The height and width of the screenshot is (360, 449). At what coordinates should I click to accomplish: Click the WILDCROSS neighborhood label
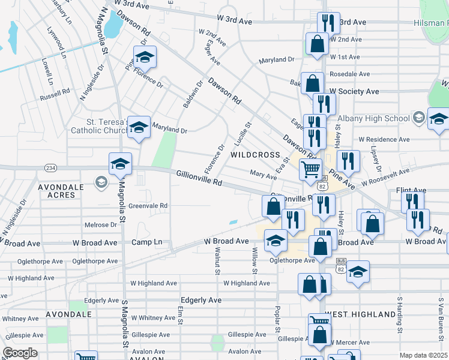pos(255,155)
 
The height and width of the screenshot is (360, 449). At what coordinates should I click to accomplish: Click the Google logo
pos(20,353)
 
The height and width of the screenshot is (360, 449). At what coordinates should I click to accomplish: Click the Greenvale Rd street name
pos(148,205)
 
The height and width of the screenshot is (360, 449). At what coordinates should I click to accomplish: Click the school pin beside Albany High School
pos(438,119)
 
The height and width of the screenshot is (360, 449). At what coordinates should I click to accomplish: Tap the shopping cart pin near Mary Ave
pos(310,169)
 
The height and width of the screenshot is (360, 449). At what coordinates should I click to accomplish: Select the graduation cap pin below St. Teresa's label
pos(139,127)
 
